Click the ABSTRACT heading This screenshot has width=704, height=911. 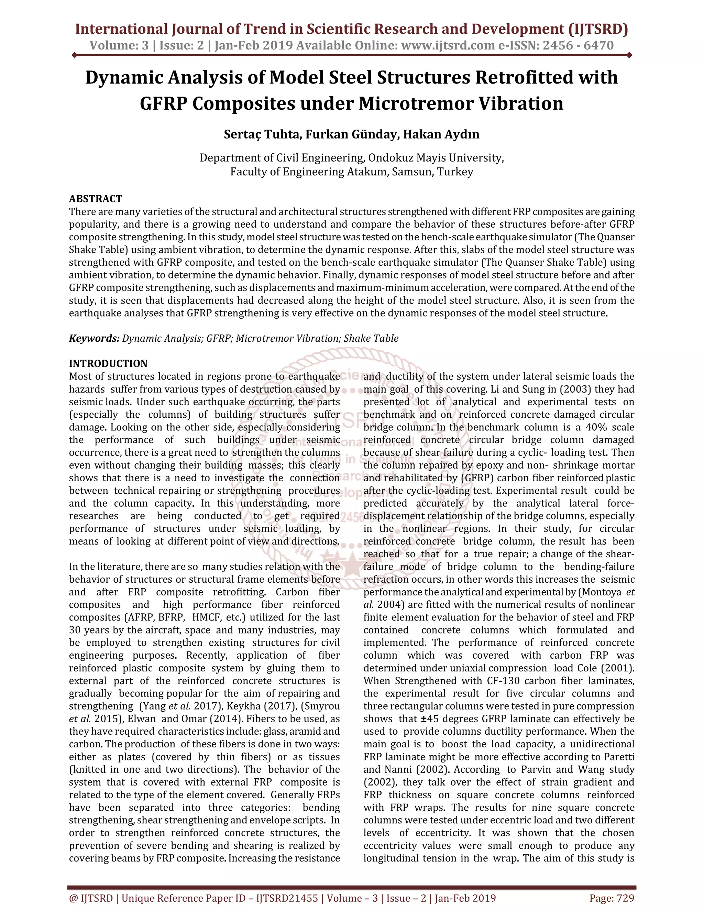pos(96,199)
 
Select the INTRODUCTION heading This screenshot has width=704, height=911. pos(108,363)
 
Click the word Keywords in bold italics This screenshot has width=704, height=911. pos(94,338)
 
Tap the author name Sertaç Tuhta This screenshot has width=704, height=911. pos(262,134)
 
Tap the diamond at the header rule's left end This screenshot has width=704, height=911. pos(74,55)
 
